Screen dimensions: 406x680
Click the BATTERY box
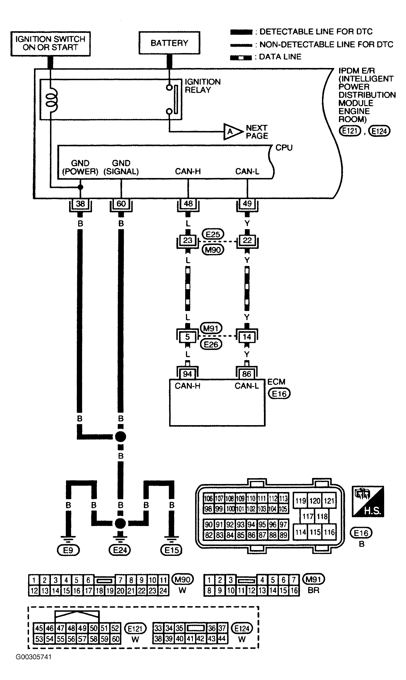(169, 43)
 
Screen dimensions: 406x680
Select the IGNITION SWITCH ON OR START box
(51, 44)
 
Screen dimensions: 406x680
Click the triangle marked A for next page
(233, 132)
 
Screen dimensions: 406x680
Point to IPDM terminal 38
(80, 204)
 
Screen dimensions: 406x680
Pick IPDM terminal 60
(121, 204)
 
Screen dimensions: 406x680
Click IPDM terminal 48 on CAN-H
(188, 204)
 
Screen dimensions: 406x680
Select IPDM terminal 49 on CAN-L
(247, 204)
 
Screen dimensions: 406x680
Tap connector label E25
(213, 234)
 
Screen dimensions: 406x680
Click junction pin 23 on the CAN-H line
(188, 240)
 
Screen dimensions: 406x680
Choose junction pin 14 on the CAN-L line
(247, 337)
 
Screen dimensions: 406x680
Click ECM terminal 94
(187, 374)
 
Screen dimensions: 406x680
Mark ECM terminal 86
(247, 374)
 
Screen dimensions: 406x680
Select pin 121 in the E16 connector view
(329, 501)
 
